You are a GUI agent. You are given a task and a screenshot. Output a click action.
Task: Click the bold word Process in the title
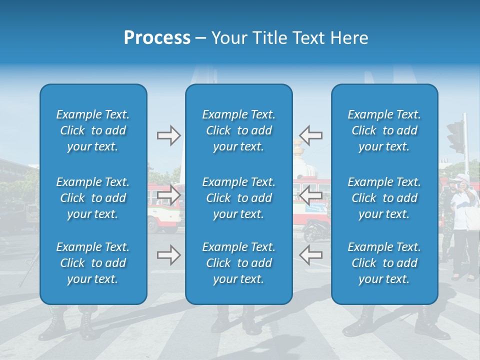click(x=157, y=38)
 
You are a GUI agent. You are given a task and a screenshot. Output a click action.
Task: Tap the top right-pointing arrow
click(x=168, y=135)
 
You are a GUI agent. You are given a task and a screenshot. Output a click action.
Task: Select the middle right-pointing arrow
click(x=168, y=195)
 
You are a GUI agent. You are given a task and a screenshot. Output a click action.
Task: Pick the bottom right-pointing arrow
click(x=168, y=255)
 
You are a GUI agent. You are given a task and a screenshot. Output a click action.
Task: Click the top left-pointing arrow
click(x=311, y=135)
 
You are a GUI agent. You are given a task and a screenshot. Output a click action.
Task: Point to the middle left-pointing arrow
click(x=311, y=195)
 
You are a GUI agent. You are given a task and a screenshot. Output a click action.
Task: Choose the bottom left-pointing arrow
click(x=311, y=255)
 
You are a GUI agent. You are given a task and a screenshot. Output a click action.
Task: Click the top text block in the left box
click(x=93, y=130)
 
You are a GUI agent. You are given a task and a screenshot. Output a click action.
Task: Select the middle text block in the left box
click(x=93, y=198)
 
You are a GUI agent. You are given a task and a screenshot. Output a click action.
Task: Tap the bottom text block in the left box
click(x=93, y=263)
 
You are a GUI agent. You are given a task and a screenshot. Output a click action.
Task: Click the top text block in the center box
click(x=239, y=130)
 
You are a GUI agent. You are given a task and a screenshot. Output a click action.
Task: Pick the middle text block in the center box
click(x=239, y=198)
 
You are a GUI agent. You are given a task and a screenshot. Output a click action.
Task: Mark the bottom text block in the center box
click(x=239, y=263)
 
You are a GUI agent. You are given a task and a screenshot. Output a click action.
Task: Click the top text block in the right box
click(x=384, y=130)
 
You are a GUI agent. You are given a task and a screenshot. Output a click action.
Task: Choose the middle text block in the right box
click(x=384, y=198)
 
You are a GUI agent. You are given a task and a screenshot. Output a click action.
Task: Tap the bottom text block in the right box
click(x=384, y=263)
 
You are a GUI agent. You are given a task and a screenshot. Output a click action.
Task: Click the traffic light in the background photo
click(x=456, y=136)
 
